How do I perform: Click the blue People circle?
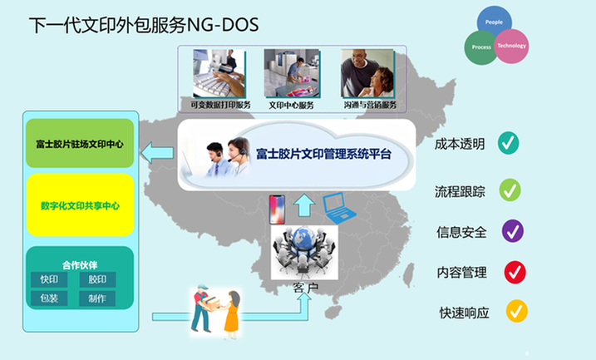pos(495,22)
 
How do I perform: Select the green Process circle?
pos(480,47)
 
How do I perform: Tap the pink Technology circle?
pos(511,47)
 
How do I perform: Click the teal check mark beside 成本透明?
pos(509,143)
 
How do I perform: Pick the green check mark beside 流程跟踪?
pos(510,190)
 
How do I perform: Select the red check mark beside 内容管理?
pos(515,271)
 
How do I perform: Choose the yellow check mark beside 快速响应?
pos(517,312)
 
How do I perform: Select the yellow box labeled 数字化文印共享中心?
pos(80,205)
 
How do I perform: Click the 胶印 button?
pos(97,279)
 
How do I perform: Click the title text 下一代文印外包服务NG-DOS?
pos(144,26)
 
